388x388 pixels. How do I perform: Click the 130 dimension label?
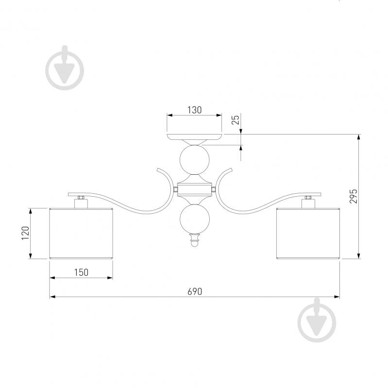click(x=195, y=110)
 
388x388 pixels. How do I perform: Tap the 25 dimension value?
click(x=236, y=120)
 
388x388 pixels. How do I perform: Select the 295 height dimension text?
click(x=354, y=196)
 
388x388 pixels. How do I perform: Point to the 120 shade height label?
click(x=25, y=233)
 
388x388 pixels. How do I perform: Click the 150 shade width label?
click(x=81, y=272)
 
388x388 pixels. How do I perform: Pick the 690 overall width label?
click(x=195, y=291)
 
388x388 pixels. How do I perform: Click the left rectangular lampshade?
click(x=81, y=234)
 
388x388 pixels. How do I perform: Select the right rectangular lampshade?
click(x=308, y=234)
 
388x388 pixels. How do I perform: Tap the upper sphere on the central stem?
click(x=195, y=160)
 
